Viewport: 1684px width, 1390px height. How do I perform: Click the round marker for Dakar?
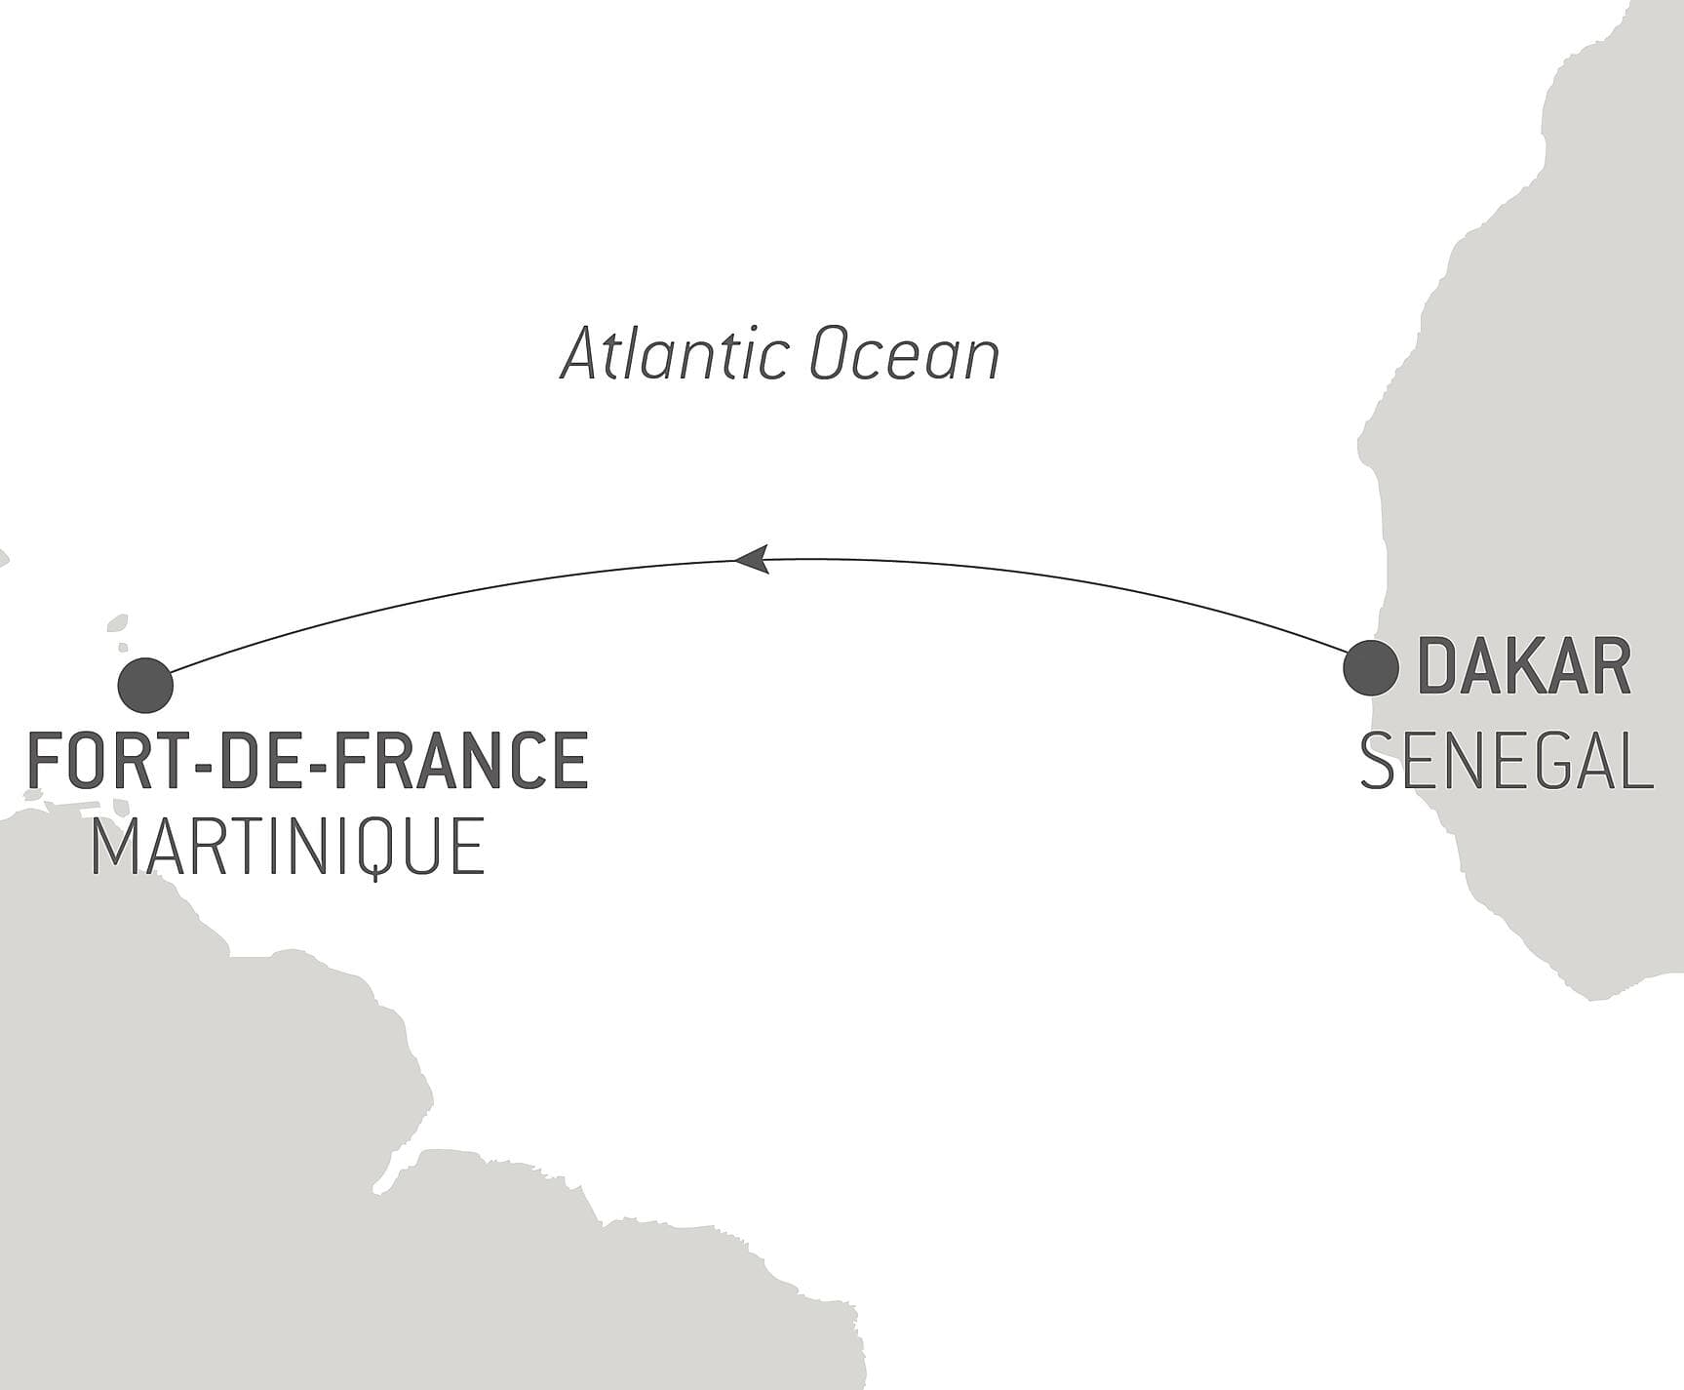coord(1370,668)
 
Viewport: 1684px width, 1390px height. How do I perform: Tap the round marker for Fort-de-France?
coord(145,685)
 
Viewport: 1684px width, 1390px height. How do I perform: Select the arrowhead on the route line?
coord(752,560)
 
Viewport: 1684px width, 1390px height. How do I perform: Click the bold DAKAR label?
coord(1523,667)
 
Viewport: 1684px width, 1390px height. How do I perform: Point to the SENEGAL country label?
coord(1506,763)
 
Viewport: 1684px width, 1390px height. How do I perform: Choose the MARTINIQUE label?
coord(288,848)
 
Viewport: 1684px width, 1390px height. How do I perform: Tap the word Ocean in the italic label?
coord(904,355)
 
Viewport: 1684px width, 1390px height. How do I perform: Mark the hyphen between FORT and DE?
coord(204,763)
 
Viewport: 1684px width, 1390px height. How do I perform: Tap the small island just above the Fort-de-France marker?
coord(117,624)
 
